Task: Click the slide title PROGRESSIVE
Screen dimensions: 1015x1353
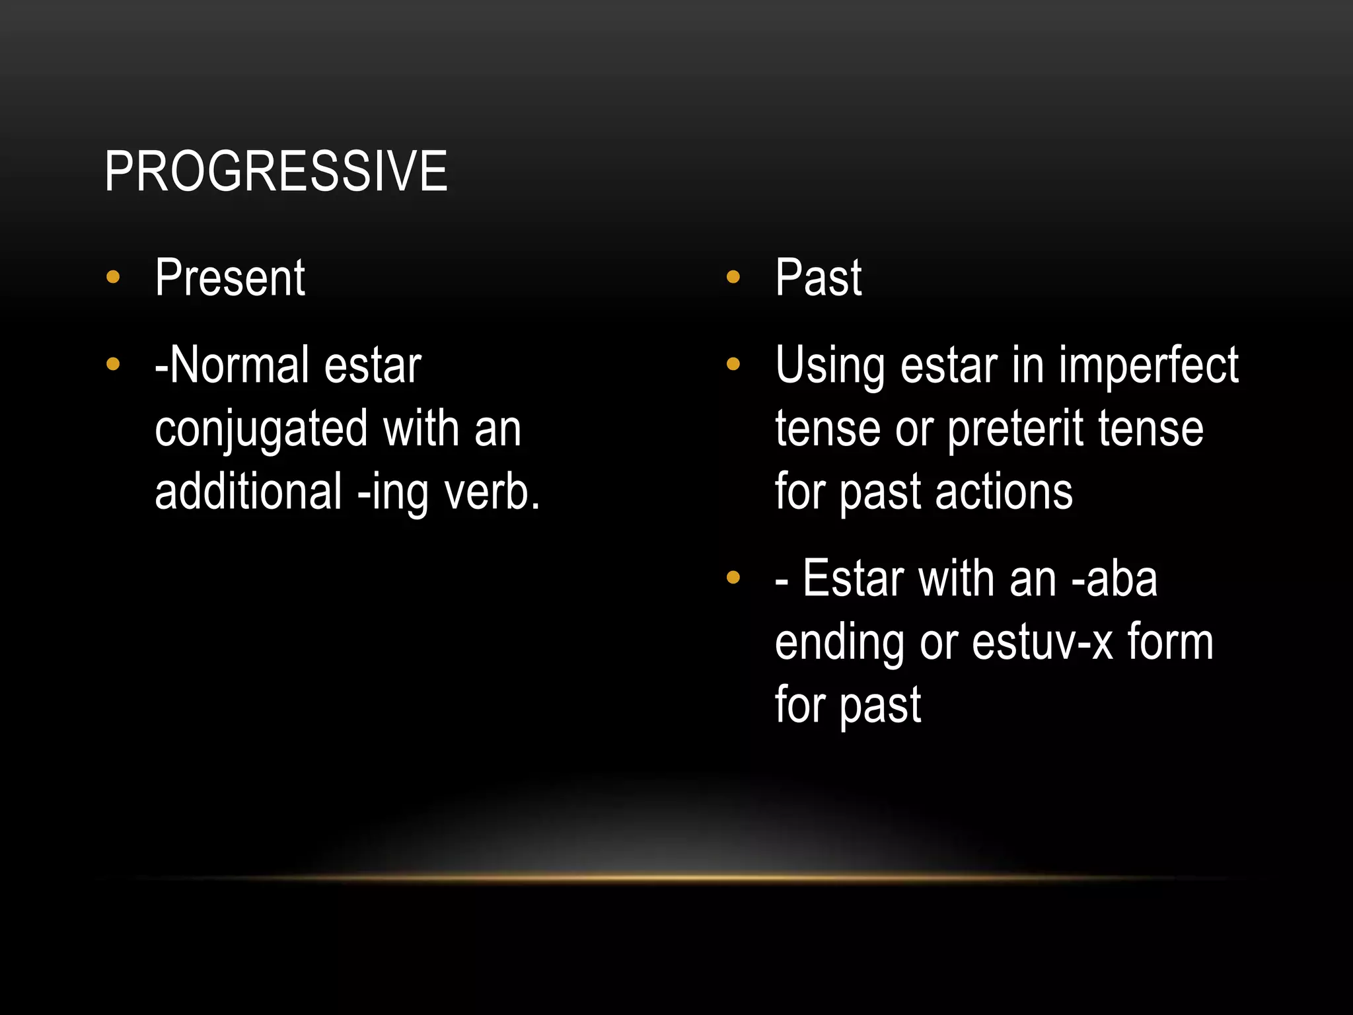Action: pyautogui.click(x=275, y=172)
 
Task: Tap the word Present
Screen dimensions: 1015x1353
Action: pyautogui.click(x=230, y=278)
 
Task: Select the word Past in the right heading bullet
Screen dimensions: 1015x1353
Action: pyautogui.click(x=818, y=278)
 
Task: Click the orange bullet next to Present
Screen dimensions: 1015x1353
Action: pyautogui.click(x=113, y=277)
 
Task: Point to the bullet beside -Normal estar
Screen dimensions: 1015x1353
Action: pyautogui.click(x=113, y=364)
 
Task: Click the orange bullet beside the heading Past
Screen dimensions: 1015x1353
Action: pyautogui.click(x=733, y=277)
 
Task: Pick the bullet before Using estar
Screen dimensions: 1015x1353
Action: pyautogui.click(x=733, y=364)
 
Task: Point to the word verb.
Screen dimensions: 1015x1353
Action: pyautogui.click(x=492, y=492)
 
